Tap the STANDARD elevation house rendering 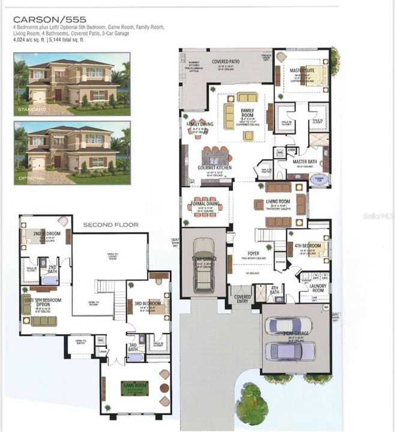pyautogui.click(x=72, y=84)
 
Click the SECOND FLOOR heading pyautogui.click(x=110, y=225)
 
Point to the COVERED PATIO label pyautogui.click(x=226, y=62)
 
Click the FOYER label pyautogui.click(x=253, y=253)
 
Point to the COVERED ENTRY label pyautogui.click(x=243, y=298)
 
